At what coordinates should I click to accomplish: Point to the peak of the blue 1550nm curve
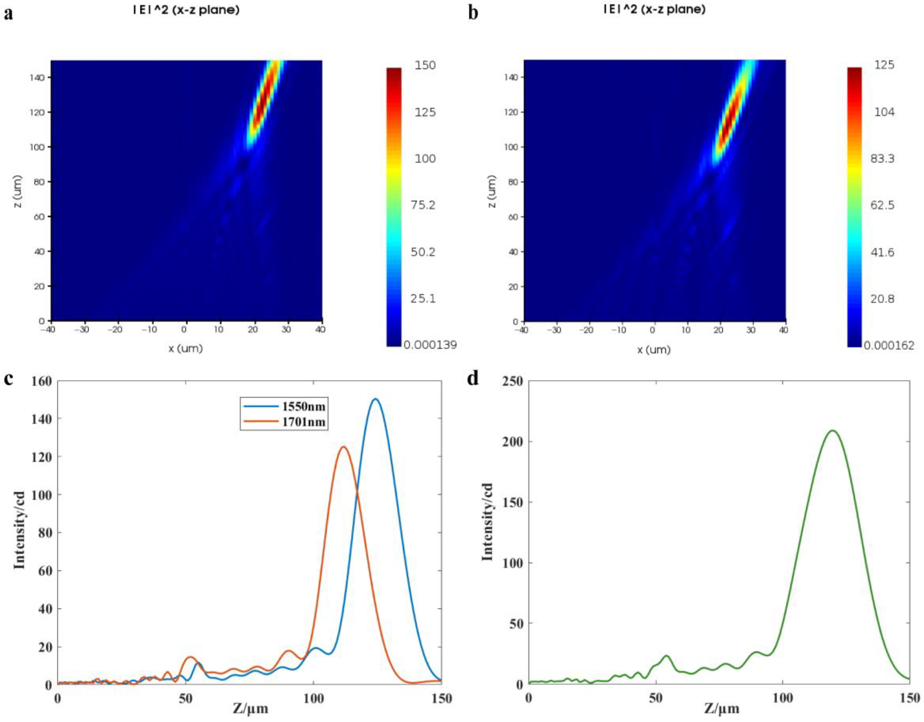tap(375, 399)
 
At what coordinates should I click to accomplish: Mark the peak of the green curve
tap(833, 430)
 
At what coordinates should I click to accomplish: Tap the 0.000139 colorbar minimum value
tap(430, 345)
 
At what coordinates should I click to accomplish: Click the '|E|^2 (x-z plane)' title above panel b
tap(654, 9)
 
